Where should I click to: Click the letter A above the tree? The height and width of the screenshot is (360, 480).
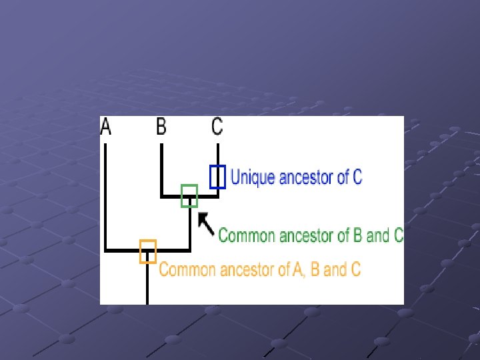pyautogui.click(x=106, y=127)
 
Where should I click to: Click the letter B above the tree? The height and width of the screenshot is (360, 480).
pyautogui.click(x=161, y=126)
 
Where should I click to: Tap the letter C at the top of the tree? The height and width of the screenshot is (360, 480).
pyautogui.click(x=217, y=126)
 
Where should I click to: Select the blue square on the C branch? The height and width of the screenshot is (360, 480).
pyautogui.click(x=217, y=177)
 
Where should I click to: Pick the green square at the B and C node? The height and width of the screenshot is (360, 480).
pyautogui.click(x=189, y=195)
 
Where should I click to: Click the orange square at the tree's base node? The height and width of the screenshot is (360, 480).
pyautogui.click(x=147, y=251)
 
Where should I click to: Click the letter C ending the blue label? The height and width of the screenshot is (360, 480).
pyautogui.click(x=357, y=177)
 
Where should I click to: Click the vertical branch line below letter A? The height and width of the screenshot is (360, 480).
pyautogui.click(x=106, y=193)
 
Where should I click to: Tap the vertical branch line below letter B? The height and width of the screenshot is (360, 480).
pyautogui.click(x=161, y=170)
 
